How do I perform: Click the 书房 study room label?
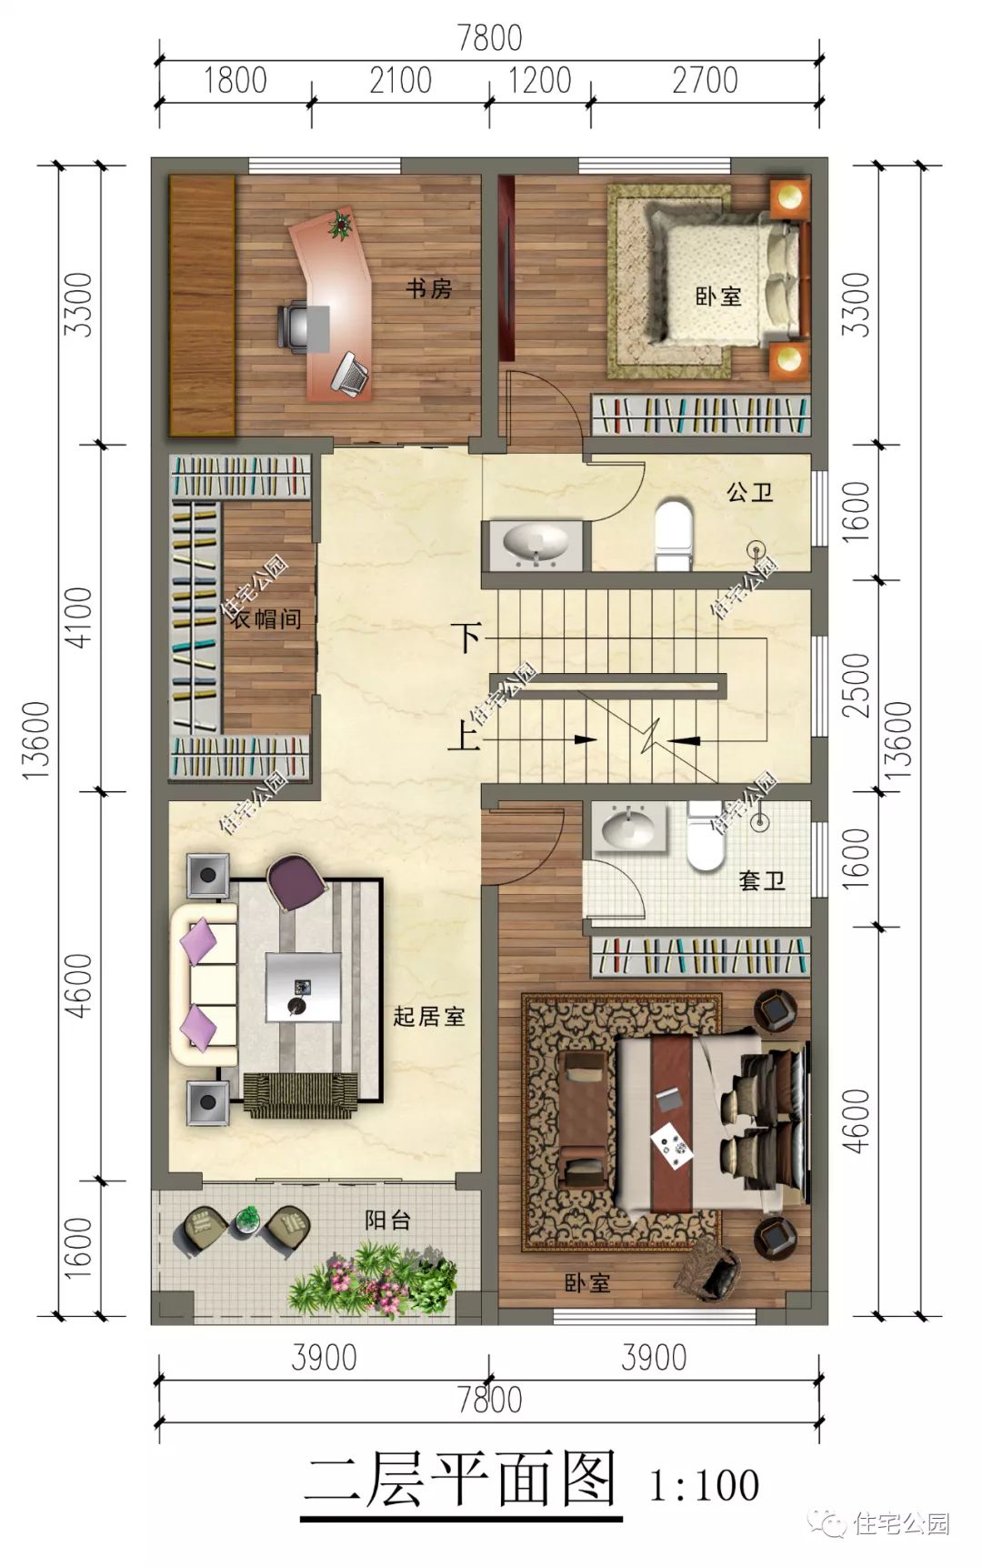pyautogui.click(x=428, y=289)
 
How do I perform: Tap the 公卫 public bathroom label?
pyautogui.click(x=750, y=493)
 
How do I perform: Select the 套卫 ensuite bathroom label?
pyautogui.click(x=761, y=880)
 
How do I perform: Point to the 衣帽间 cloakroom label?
pyautogui.click(x=265, y=619)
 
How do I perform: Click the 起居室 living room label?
pyautogui.click(x=429, y=1016)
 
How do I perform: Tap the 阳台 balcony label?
pyautogui.click(x=387, y=1220)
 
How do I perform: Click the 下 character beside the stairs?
pyautogui.click(x=467, y=637)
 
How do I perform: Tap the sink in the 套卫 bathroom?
pyautogui.click(x=628, y=828)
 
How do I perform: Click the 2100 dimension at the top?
pyautogui.click(x=400, y=80)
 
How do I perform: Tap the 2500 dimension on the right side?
pyautogui.click(x=857, y=684)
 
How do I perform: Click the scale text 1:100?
pyautogui.click(x=704, y=1484)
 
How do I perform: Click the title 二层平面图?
pyautogui.click(x=460, y=1481)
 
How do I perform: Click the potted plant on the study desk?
pyautogui.click(x=341, y=224)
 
